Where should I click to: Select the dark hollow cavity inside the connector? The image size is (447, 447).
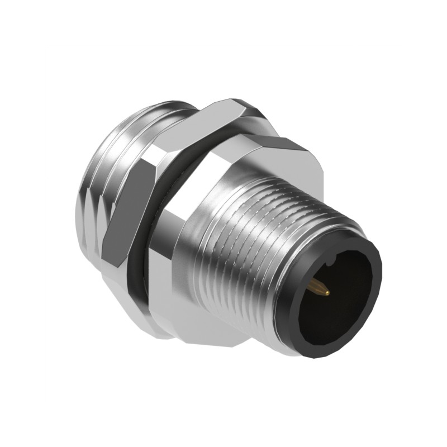click(341, 291)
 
